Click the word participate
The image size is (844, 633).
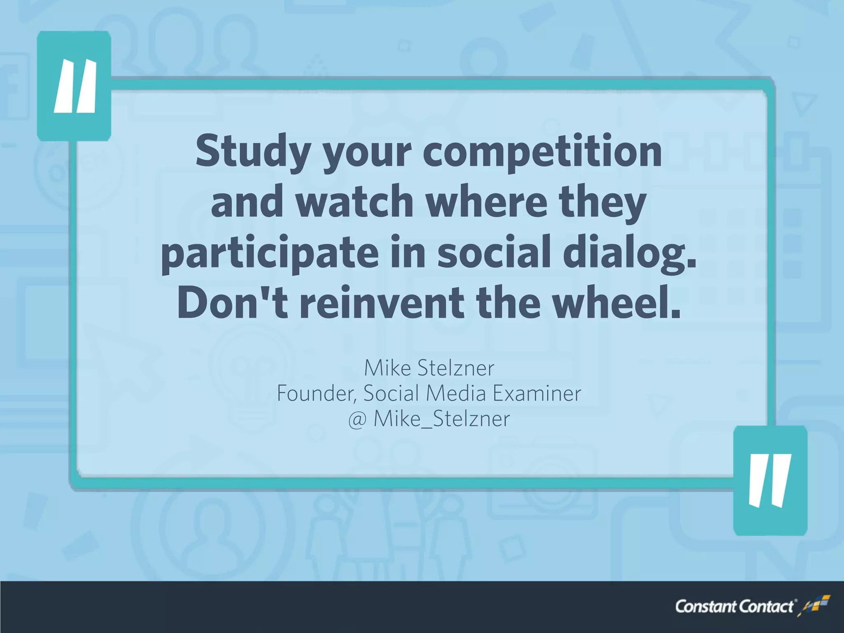coord(270,253)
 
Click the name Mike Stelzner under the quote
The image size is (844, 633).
coord(429,368)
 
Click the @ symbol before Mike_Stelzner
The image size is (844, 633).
coord(357,420)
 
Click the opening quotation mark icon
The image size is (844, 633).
coord(75,86)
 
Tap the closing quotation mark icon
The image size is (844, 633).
coord(770,480)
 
